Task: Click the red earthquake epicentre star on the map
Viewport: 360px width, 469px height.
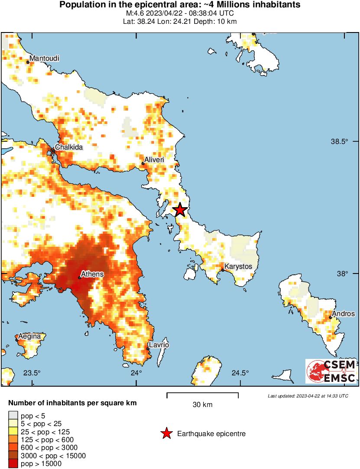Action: pyautogui.click(x=180, y=210)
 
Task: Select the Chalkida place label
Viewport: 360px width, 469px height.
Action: pyautogui.click(x=68, y=147)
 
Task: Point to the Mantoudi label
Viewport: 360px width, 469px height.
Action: pyautogui.click(x=45, y=58)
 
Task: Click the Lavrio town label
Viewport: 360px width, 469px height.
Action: pyautogui.click(x=159, y=345)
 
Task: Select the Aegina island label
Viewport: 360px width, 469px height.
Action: pyautogui.click(x=29, y=336)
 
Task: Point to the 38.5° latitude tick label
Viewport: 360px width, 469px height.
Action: pyautogui.click(x=340, y=142)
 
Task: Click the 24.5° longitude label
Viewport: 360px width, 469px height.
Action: pyautogui.click(x=240, y=373)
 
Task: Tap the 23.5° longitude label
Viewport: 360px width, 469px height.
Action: pyautogui.click(x=32, y=373)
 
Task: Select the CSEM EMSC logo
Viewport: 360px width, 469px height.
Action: pyautogui.click(x=331, y=371)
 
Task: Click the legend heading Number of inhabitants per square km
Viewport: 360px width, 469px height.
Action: pyautogui.click(x=72, y=403)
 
